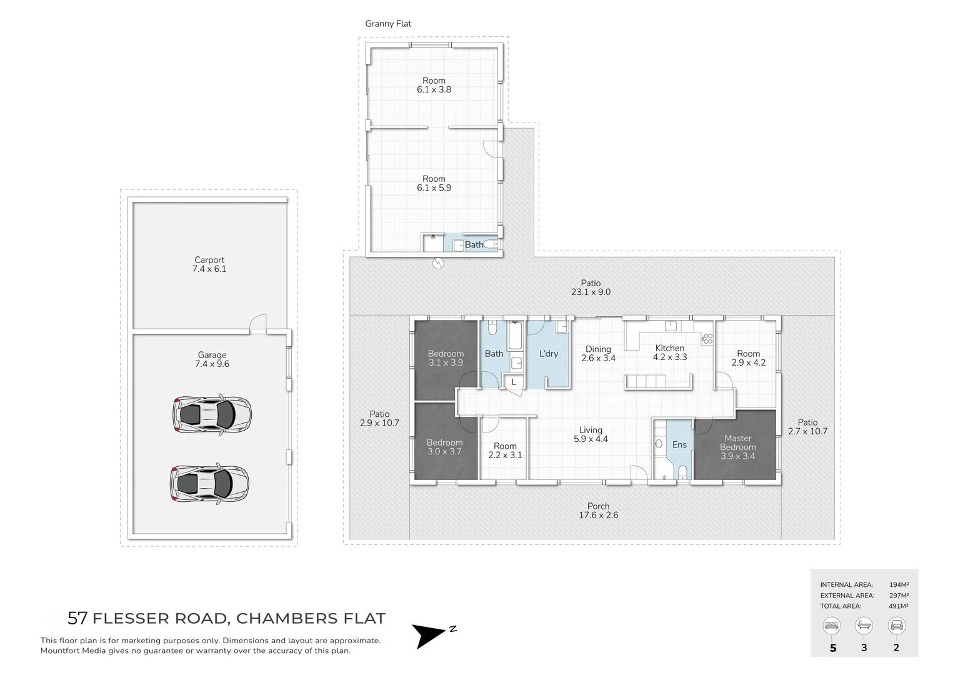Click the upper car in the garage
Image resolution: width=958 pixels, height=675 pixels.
[x=212, y=413]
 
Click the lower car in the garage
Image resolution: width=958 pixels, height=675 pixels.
[x=210, y=482]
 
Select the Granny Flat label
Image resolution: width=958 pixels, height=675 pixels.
[x=388, y=24]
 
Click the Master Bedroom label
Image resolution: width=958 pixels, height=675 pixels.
[x=737, y=447]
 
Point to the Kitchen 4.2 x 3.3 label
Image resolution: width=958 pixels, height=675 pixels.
[x=669, y=352]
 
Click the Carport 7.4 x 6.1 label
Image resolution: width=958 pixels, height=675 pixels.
[x=209, y=264]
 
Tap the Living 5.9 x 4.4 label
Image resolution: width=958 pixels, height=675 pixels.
[x=590, y=434]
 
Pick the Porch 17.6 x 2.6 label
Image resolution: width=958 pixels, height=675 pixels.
[x=598, y=511]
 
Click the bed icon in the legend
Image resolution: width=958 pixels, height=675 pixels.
[x=832, y=625]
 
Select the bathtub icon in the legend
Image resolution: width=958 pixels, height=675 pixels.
[x=864, y=625]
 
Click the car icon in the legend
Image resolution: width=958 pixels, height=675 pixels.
[x=896, y=625]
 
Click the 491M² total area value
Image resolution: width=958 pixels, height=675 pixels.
[x=899, y=606]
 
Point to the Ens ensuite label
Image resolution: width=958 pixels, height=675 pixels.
[x=679, y=445]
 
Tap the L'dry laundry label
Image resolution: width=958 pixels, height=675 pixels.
[x=548, y=354]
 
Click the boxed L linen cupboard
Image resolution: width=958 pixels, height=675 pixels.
[x=514, y=382]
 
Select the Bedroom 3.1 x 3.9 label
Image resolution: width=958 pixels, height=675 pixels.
[x=446, y=358]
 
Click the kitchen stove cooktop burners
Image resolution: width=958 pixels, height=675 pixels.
[x=707, y=339]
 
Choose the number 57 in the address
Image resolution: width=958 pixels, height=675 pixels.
[x=77, y=619]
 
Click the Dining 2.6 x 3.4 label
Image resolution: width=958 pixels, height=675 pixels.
[x=598, y=354]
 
